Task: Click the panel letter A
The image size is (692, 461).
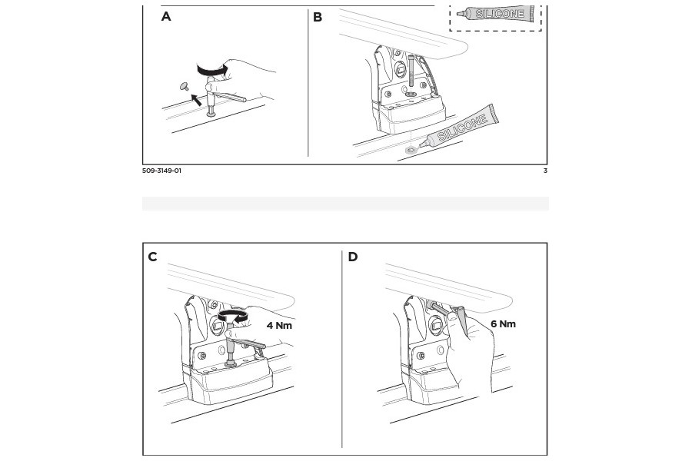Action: coord(166,17)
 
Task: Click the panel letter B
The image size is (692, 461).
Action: coord(318,17)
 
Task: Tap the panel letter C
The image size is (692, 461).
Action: coord(152,257)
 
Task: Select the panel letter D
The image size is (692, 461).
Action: coord(353,257)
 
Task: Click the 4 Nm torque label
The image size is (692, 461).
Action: coord(279,326)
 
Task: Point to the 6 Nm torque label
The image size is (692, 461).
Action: coord(503,324)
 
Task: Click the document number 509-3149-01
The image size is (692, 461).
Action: coord(161,171)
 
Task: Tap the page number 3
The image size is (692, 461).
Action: coord(545,171)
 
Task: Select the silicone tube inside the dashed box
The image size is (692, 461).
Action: coord(496,14)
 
